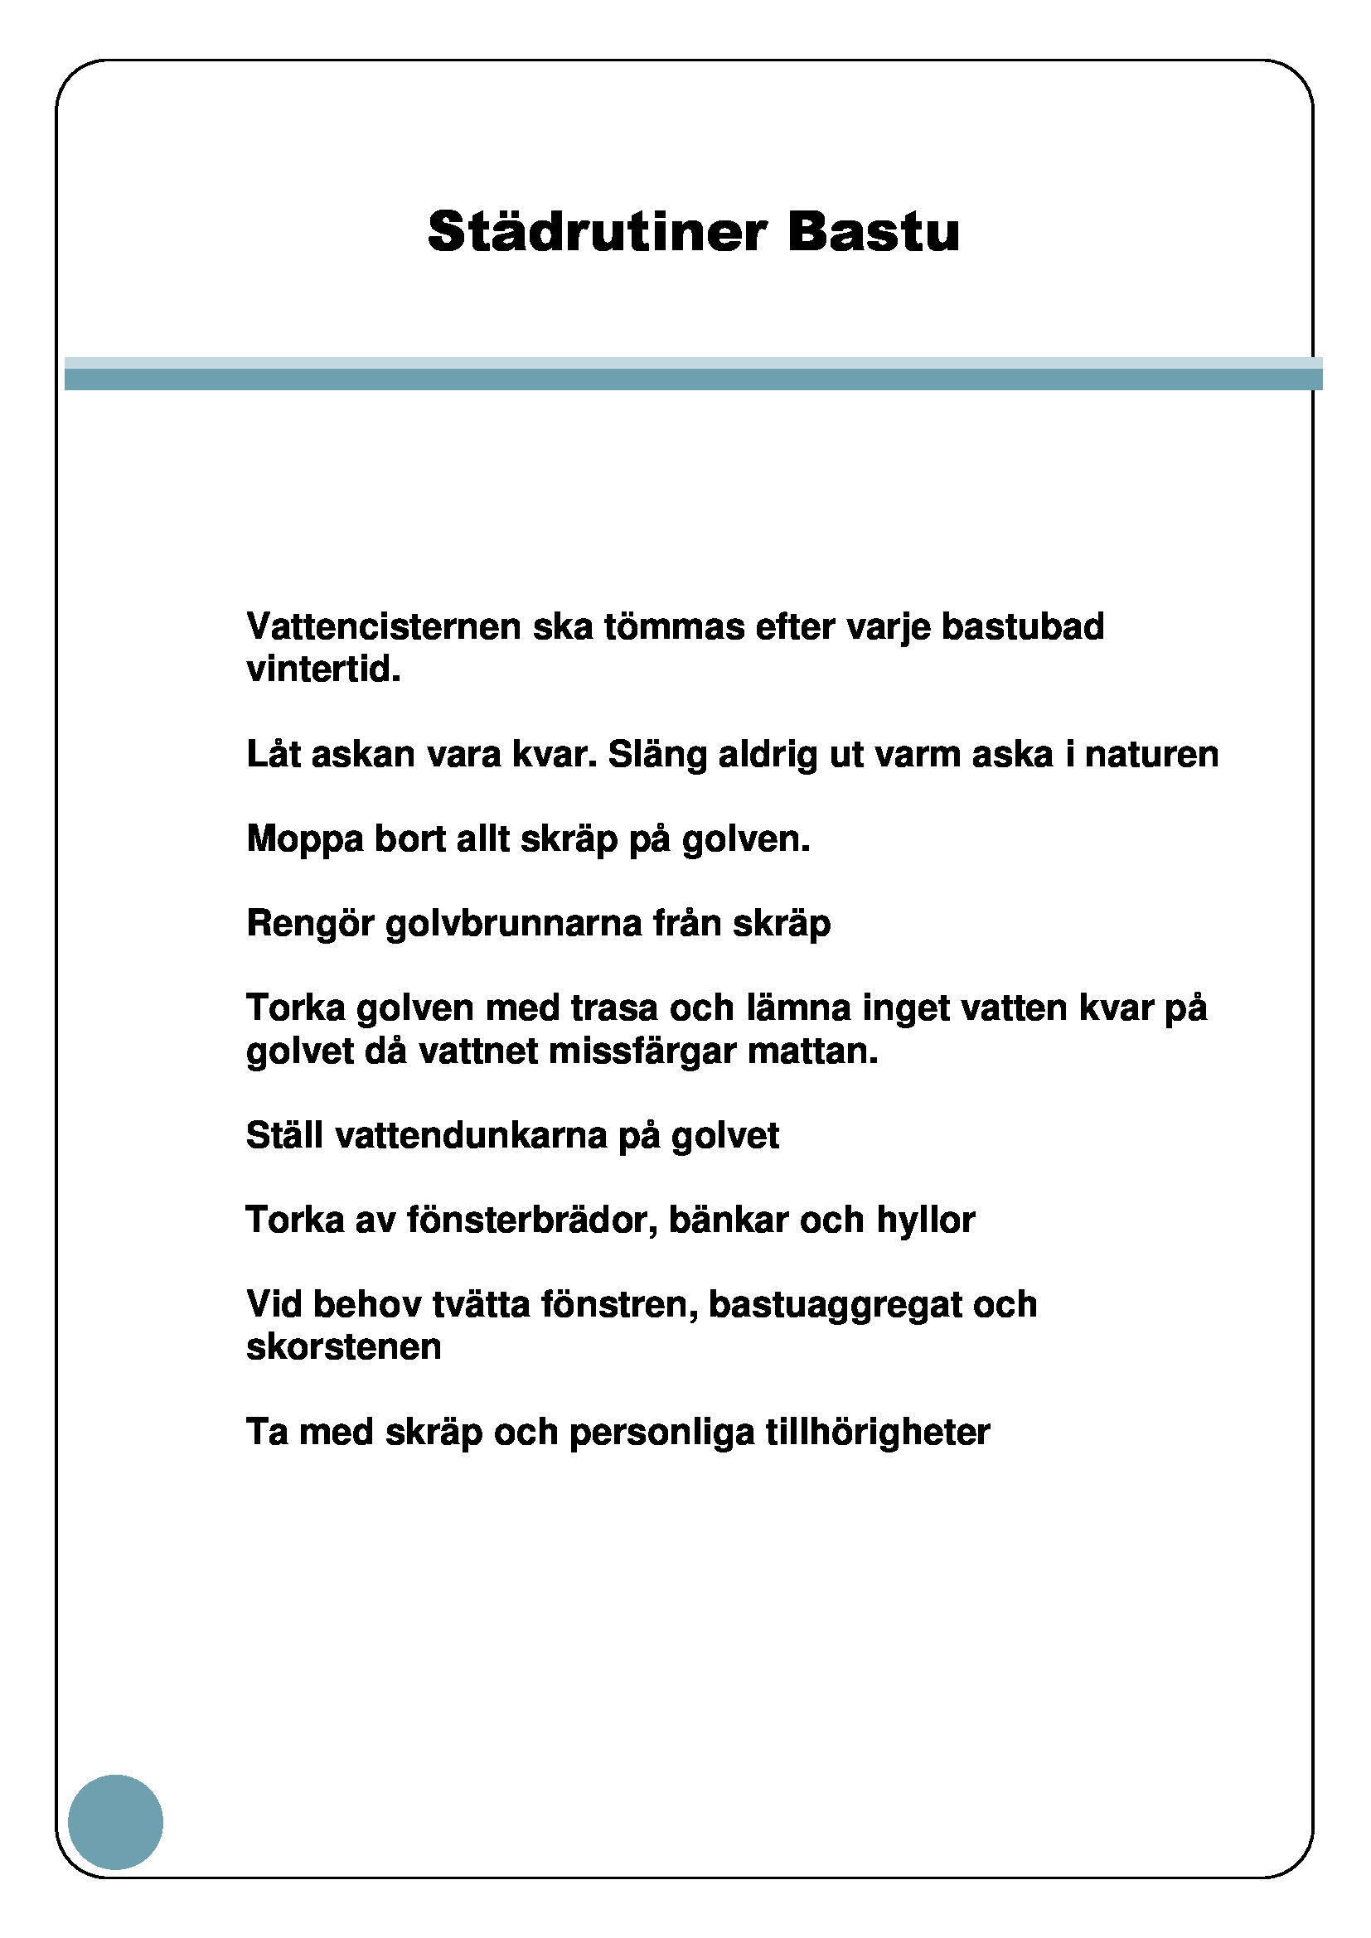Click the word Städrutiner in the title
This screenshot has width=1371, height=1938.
coord(597,231)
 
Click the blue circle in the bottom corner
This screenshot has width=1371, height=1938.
coord(116,1822)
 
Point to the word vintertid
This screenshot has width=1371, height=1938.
coord(323,670)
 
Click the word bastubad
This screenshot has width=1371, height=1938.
coord(1022,627)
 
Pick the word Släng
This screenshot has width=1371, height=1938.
coord(657,755)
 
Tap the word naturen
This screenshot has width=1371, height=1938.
coord(1151,755)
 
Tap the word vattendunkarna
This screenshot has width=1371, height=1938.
coord(471,1136)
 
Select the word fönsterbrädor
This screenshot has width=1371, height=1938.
coord(532,1220)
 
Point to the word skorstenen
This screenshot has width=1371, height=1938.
coord(344,1347)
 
